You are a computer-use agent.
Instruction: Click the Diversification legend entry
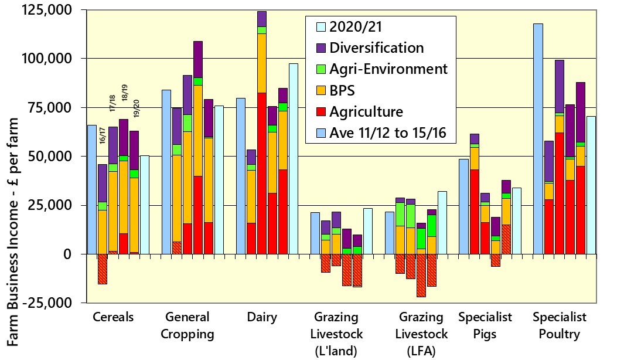[x=377, y=47]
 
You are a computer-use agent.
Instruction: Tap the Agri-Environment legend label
[x=388, y=69]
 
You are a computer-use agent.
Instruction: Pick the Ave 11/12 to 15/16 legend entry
[x=388, y=133]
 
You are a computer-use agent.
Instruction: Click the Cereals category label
[x=113, y=317]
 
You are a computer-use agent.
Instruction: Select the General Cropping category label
[x=187, y=326]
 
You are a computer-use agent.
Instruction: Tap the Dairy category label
[x=262, y=317]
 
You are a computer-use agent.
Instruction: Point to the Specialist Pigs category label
[x=485, y=326]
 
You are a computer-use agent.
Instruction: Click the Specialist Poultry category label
[x=560, y=326]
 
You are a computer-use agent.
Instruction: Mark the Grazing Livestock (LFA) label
[x=421, y=335]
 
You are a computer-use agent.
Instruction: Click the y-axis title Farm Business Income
[x=13, y=235]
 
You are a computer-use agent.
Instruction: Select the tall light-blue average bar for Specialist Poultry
[x=538, y=138]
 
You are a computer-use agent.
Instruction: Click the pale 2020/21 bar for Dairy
[x=293, y=158]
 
